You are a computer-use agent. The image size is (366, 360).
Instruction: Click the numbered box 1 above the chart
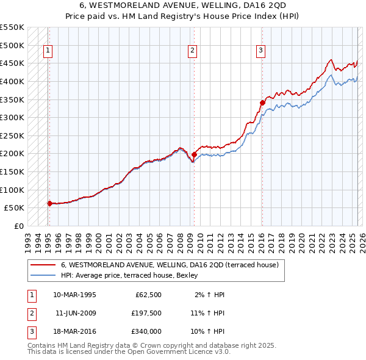point(48,51)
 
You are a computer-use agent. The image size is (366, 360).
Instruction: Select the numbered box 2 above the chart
point(192,51)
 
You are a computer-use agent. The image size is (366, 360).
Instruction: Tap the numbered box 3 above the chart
point(260,51)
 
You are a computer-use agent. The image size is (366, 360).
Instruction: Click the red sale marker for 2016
point(262,103)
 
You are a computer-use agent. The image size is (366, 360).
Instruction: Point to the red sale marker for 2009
point(194,154)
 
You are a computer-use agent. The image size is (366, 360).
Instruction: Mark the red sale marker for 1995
point(49,203)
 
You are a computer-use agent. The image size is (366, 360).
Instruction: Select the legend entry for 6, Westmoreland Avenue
point(169,265)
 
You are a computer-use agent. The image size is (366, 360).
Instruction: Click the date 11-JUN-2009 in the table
point(76,313)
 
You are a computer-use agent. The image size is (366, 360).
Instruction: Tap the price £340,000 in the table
point(146,332)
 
